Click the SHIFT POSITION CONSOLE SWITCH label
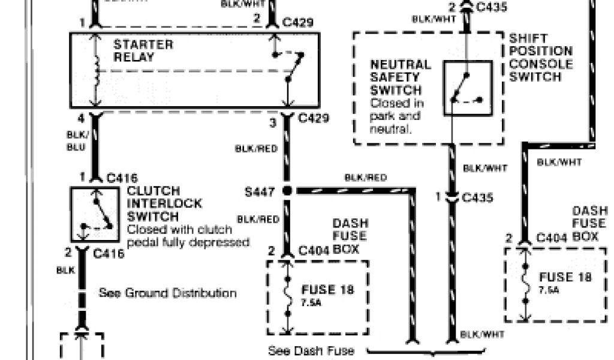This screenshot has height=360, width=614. (x=540, y=58)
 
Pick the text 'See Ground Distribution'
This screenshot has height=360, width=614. (x=167, y=293)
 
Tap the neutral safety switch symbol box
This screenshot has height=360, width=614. (x=468, y=88)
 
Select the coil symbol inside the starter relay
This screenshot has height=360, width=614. (x=95, y=72)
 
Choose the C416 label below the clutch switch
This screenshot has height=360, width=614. (x=109, y=254)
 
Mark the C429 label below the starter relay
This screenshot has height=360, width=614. (x=313, y=118)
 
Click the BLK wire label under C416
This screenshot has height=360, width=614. (x=65, y=271)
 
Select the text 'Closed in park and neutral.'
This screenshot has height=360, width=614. (x=395, y=116)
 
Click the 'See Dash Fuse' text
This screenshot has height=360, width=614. (x=303, y=351)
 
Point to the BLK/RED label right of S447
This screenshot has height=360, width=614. (x=365, y=178)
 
